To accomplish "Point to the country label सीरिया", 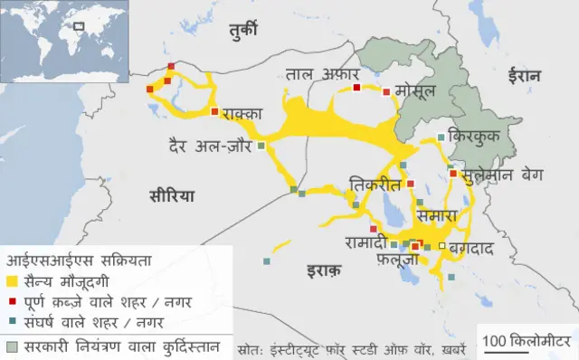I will [173, 195].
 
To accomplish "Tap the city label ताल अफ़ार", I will [322, 72].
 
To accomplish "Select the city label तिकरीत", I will [374, 185].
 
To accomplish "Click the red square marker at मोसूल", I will [386, 91].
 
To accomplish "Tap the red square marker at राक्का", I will [214, 112].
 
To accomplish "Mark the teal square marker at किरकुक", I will [441, 137].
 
